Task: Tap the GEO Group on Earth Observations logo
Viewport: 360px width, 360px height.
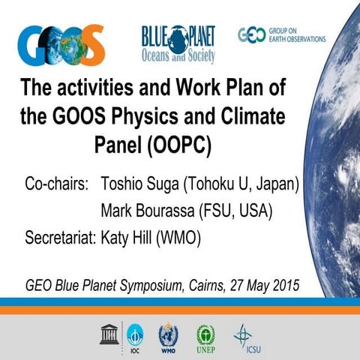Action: coord(280,34)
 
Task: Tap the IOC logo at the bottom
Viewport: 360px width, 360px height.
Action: coord(135,334)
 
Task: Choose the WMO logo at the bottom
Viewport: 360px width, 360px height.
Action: coord(169,334)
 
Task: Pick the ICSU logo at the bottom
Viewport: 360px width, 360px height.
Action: coord(243,334)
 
